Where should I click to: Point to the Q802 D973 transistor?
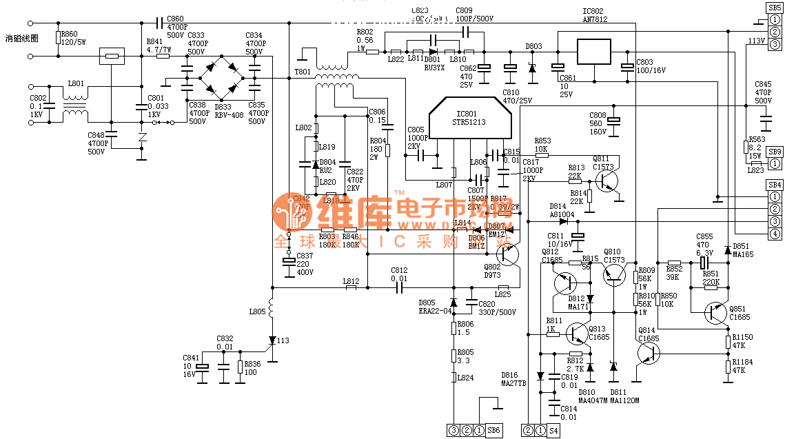click(509, 254)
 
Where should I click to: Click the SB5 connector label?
click(774, 7)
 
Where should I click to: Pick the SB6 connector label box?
click(494, 431)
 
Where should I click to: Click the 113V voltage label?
click(756, 41)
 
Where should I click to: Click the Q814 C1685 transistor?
click(646, 353)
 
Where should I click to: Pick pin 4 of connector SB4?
click(775, 234)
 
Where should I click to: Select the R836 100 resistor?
click(240, 366)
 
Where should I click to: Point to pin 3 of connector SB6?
click(453, 431)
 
